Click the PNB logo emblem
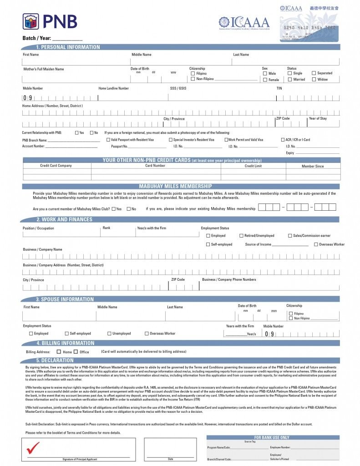[31, 22]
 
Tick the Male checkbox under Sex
[265, 73]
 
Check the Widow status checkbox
[314, 79]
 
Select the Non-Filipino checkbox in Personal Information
[193, 79]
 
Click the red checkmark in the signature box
[33, 448]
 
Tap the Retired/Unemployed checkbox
[241, 236]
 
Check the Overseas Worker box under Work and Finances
[316, 244]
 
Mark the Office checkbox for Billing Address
[76, 352]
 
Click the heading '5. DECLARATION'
[55, 360]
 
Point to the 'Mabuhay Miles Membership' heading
[175, 186]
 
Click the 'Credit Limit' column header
[253, 166]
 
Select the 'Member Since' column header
[313, 166]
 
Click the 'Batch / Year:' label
[37, 38]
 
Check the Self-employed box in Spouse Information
[67, 334]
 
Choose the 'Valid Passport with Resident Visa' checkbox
[108, 140]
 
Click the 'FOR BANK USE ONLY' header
[272, 437]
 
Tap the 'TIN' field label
[279, 88]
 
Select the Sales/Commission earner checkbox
[289, 236]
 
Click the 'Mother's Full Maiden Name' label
[44, 69]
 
